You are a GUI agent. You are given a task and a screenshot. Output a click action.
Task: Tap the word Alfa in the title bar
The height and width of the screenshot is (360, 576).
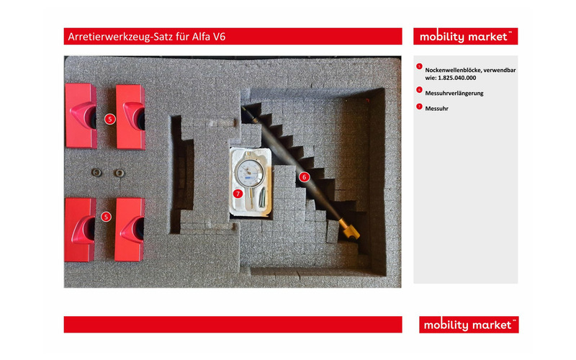201,37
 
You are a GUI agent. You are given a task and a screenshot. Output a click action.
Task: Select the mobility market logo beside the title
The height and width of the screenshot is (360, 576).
465,37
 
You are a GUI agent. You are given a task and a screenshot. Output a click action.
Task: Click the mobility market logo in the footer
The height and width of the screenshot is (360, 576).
469,325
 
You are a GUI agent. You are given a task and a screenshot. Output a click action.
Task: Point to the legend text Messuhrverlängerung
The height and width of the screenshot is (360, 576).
454,94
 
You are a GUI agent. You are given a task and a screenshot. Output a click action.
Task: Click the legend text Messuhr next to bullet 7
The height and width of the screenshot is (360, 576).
436,109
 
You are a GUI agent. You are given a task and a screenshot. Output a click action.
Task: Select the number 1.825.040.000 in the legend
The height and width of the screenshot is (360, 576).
456,78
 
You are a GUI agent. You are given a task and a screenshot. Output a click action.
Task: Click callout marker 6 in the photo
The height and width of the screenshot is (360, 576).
304,177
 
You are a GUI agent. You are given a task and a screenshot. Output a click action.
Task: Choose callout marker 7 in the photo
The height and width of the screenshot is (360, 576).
238,193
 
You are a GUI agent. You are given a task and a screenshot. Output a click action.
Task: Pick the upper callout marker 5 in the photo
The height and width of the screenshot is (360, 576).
110,119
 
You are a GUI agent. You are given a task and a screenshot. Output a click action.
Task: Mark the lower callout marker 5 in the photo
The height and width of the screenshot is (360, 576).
106,217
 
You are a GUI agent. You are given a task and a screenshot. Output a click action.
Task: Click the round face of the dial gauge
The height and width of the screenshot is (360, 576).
249,173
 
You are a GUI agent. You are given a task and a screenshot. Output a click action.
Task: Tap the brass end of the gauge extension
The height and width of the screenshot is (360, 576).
349,229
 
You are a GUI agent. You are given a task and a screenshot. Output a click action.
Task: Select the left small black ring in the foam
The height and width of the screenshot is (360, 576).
96,172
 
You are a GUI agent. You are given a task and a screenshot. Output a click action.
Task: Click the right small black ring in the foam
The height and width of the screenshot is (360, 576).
119,173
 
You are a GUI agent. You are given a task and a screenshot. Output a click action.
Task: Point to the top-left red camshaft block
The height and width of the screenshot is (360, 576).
81,116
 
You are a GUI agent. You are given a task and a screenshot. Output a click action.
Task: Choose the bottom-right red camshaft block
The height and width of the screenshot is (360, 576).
130,230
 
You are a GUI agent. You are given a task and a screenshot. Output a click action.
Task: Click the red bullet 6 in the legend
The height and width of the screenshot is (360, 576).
419,89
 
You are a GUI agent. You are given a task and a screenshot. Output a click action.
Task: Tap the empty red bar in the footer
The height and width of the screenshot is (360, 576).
233,325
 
